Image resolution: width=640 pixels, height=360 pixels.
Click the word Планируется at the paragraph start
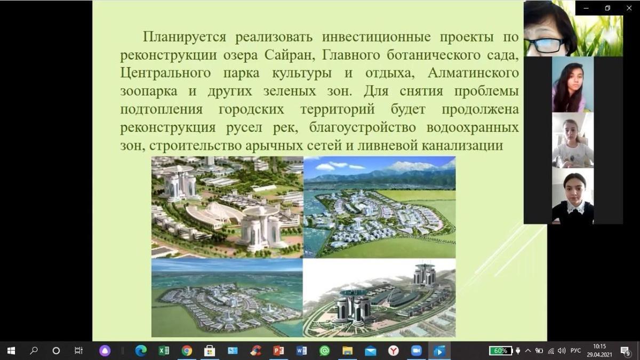[x=185, y=37]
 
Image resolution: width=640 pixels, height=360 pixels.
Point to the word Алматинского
[x=473, y=73]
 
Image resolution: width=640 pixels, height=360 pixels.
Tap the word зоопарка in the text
[x=149, y=92]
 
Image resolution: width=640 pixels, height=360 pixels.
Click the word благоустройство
[x=362, y=127]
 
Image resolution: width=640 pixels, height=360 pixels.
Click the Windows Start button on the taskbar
[x=11, y=350]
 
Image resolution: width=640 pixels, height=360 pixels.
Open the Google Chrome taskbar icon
[x=187, y=350]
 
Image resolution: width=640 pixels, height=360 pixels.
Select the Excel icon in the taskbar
[x=164, y=350]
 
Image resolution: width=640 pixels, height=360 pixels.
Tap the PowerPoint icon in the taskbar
[x=278, y=350]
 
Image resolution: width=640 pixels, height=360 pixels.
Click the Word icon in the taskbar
[x=301, y=350]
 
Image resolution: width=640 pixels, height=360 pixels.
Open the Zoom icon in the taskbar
[x=416, y=350]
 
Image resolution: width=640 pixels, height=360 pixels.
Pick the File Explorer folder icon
[x=347, y=350]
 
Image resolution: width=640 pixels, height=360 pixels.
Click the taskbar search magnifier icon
[x=34, y=350]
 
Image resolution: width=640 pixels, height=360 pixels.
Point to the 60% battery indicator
[x=501, y=351]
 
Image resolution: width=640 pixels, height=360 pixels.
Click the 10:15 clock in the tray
[x=599, y=347]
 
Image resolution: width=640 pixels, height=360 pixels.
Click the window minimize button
[x=586, y=8]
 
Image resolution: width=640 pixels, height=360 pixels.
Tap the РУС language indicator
[x=575, y=350]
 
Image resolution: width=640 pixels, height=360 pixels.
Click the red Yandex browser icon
[x=393, y=350]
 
